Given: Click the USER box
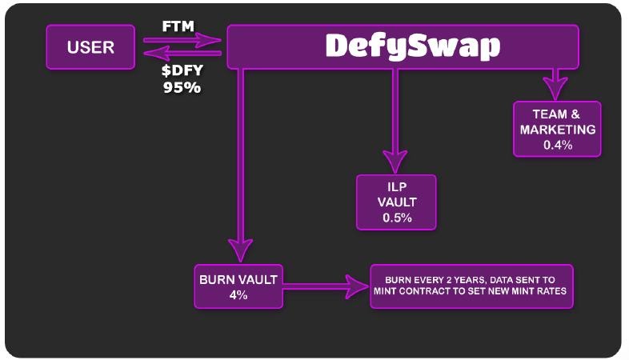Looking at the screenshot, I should coord(91,46).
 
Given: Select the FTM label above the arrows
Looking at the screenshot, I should coord(178,26).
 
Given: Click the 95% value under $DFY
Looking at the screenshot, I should coord(182,87).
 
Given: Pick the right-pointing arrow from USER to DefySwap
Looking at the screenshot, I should coord(182,38).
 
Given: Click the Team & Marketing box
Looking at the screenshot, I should coord(557,129).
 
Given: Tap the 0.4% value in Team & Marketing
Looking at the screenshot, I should coord(558,145).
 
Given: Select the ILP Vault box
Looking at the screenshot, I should coord(397,202).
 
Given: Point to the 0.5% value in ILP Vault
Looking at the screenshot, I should coord(395,218).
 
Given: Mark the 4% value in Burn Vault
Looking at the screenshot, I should coord(238,295).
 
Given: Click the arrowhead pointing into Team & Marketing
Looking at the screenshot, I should coord(551,83).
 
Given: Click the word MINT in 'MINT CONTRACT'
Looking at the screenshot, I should coord(388,291).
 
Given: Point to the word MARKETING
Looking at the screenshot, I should coord(558,130).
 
